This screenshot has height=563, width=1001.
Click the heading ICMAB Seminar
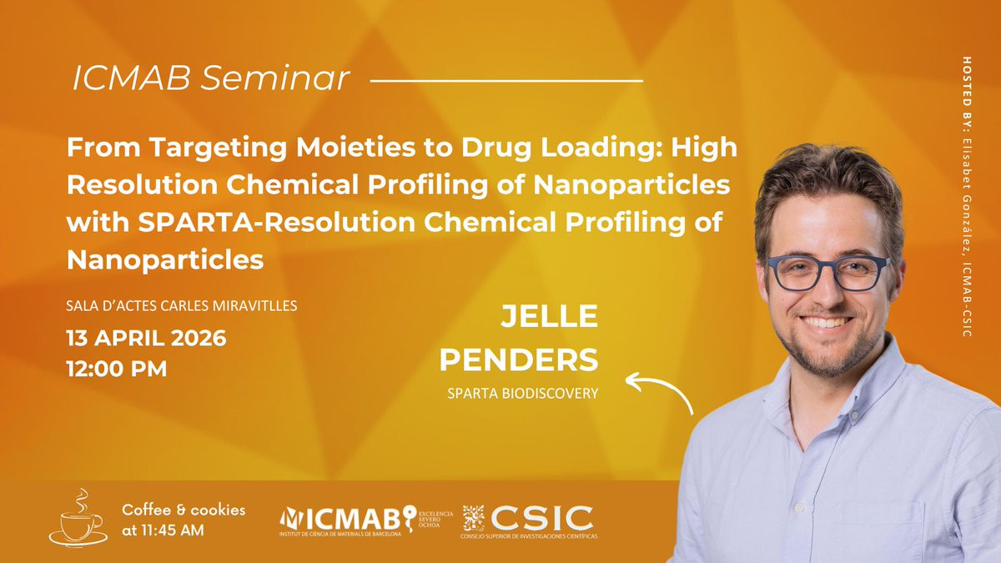pyautogui.click(x=210, y=78)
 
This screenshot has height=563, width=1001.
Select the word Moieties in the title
pyautogui.click(x=356, y=147)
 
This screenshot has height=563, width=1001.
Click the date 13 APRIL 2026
pyautogui.click(x=147, y=339)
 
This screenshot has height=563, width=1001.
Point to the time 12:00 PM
pyautogui.click(x=117, y=369)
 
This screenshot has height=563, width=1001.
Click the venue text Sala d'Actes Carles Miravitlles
pyautogui.click(x=182, y=305)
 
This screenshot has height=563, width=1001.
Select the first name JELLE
pyautogui.click(x=549, y=316)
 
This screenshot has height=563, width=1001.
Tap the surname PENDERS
pyautogui.click(x=519, y=359)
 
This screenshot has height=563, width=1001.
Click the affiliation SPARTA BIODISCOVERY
pyautogui.click(x=523, y=393)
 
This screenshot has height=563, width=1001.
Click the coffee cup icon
pyautogui.click(x=78, y=518)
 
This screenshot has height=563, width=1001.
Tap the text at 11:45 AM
pyautogui.click(x=163, y=530)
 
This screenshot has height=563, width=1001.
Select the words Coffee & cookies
pyautogui.click(x=184, y=510)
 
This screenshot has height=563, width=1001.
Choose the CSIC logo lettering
pyautogui.click(x=542, y=518)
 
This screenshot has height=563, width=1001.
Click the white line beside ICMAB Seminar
pyautogui.click(x=507, y=81)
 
